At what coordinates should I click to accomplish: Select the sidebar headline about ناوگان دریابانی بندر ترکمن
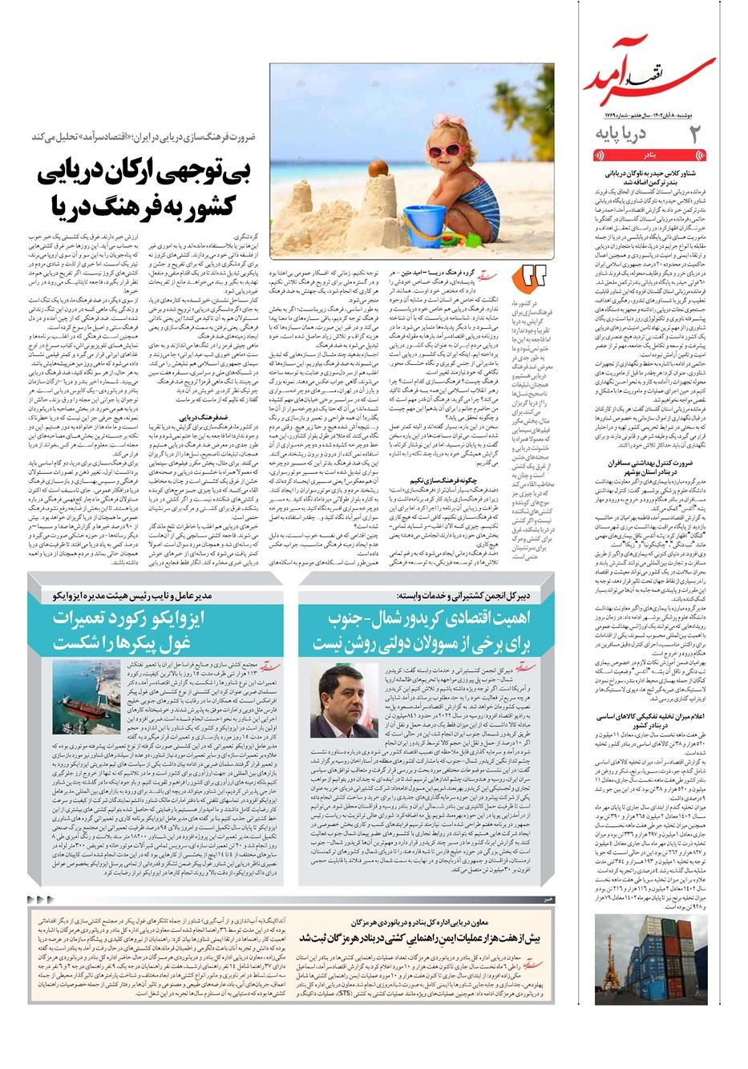pyautogui.click(x=649, y=177)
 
